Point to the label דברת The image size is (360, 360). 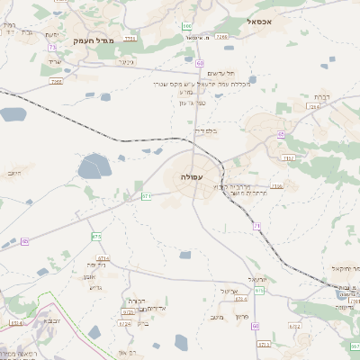tap(321, 96)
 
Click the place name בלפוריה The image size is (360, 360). tap(207, 130)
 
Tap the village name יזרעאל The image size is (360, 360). tap(275, 280)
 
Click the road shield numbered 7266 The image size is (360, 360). tap(58, 81)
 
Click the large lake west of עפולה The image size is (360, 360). tap(93, 166)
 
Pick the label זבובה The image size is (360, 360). tap(52, 319)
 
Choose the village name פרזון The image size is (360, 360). tap(241, 316)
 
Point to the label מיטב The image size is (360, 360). tap(214, 317)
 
